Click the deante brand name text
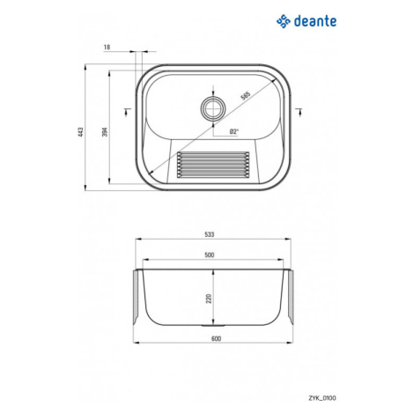[315, 21]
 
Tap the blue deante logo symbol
[284, 21]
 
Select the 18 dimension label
[107, 47]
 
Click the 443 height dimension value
[81, 131]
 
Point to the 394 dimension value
[105, 131]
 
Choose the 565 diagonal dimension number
[245, 96]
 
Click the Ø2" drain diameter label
[234, 131]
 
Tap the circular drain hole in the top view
[213, 107]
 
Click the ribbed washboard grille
[213, 165]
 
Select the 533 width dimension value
[210, 234]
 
